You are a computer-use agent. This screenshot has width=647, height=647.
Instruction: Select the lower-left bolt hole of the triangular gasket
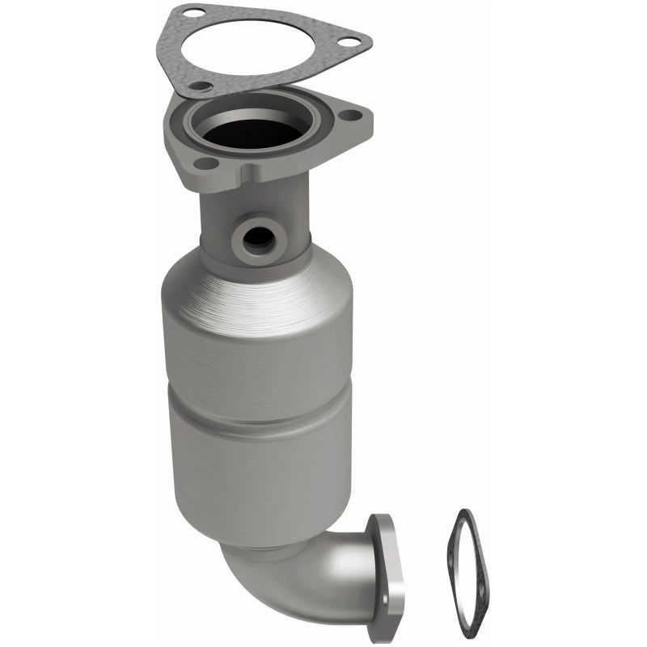(201, 86)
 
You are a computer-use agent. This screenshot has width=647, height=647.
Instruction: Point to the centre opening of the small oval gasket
(474, 570)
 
